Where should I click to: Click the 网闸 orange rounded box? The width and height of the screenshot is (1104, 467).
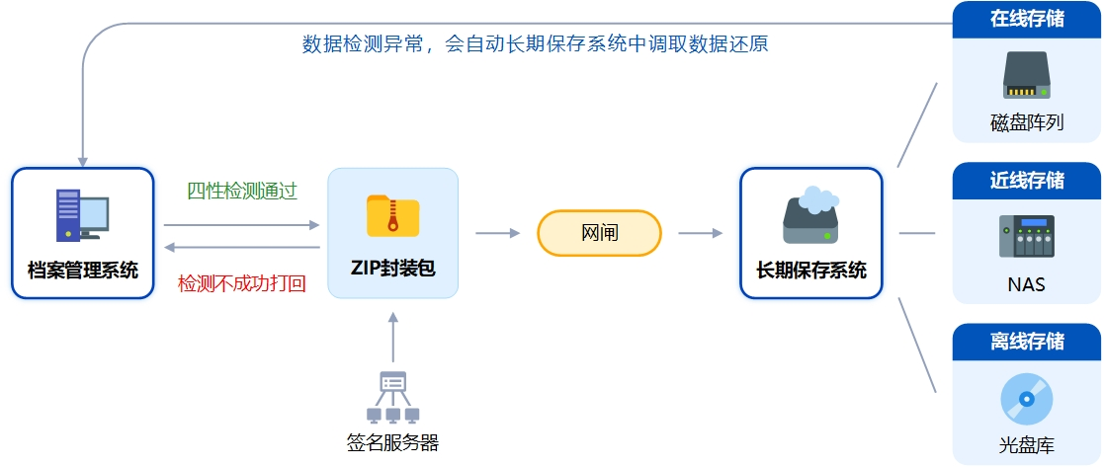click(x=599, y=233)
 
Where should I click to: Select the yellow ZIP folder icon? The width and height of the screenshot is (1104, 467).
click(x=392, y=215)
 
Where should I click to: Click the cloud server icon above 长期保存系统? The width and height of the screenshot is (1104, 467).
click(x=810, y=214)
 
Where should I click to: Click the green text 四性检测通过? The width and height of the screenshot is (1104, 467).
click(x=242, y=191)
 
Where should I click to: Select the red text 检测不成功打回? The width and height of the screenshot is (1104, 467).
click(x=241, y=283)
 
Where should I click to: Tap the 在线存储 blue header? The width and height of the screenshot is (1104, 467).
click(x=1026, y=18)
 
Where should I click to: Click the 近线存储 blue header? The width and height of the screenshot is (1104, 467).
click(x=1026, y=180)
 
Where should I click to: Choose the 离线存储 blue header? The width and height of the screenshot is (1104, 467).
click(x=1026, y=341)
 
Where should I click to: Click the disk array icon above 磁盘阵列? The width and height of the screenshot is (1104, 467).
click(x=1026, y=76)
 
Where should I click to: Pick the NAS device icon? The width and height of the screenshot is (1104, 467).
click(x=1026, y=237)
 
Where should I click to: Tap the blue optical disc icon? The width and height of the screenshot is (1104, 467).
click(x=1026, y=400)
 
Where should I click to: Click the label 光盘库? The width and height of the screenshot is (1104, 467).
click(x=1026, y=446)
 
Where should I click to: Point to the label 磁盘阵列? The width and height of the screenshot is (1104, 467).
click(x=1026, y=123)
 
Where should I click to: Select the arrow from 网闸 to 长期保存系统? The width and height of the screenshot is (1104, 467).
click(x=701, y=233)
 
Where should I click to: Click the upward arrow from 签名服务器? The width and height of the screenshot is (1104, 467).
click(x=392, y=337)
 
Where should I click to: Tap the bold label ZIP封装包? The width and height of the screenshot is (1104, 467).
click(x=392, y=269)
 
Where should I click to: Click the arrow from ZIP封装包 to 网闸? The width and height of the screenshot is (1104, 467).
click(x=497, y=233)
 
